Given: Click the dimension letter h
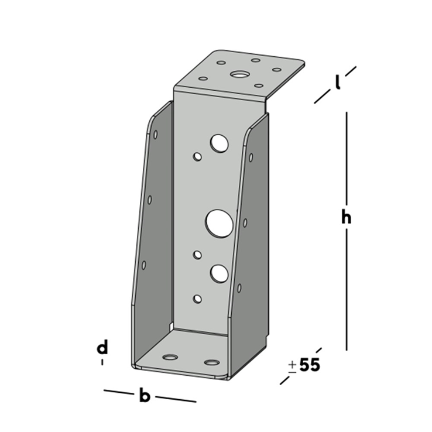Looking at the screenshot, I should coord(347,217).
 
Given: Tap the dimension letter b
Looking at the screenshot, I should coord(145,396).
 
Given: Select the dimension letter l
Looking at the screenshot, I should coord(338,84).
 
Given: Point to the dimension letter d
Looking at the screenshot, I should coord(102,348).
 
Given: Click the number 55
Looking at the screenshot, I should coord(310,365).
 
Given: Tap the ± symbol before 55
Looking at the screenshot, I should coord(292,366).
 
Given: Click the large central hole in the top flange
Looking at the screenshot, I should coord(239,74).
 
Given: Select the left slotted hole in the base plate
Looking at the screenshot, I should coord(170,357).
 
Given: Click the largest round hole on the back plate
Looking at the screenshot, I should coord(220,223).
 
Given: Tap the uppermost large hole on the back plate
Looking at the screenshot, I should coord(219,142).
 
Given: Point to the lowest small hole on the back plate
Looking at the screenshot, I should coord(198,299).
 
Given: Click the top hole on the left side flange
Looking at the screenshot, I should coord(156,135).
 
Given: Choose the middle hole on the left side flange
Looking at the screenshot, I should coord(150,200).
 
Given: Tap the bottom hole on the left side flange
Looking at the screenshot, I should coord(144,266).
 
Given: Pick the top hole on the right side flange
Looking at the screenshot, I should coord(251,157).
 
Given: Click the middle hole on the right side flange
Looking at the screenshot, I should coord(245,222).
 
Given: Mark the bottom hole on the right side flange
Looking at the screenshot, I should coord(239,287).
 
